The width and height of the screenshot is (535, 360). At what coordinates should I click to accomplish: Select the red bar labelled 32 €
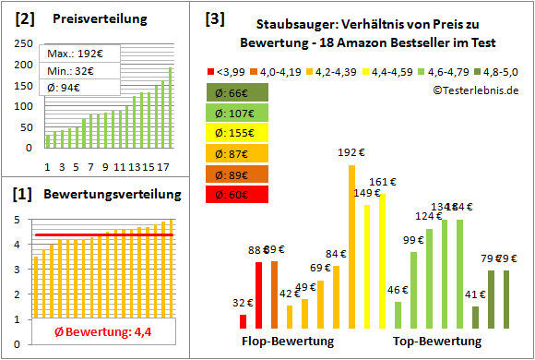coord(243,321)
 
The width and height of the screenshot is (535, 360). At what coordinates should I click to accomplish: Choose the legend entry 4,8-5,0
coord(494,69)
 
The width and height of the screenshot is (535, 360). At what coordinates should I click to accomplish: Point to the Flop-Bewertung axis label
coord(288,341)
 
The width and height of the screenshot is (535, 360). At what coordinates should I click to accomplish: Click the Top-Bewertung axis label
coord(436,341)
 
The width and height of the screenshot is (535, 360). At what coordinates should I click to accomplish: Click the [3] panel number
coord(213,18)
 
